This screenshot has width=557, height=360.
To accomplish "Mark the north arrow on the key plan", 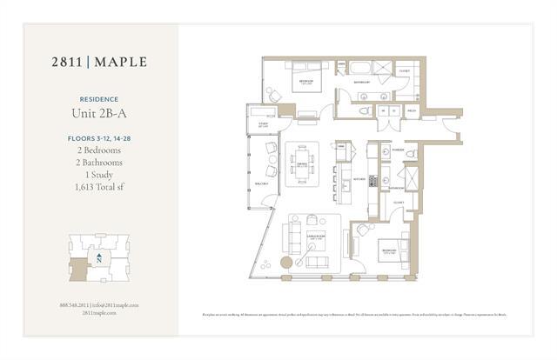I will coord(101,258).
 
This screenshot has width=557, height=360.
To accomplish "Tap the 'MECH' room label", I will coord(411,111).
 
